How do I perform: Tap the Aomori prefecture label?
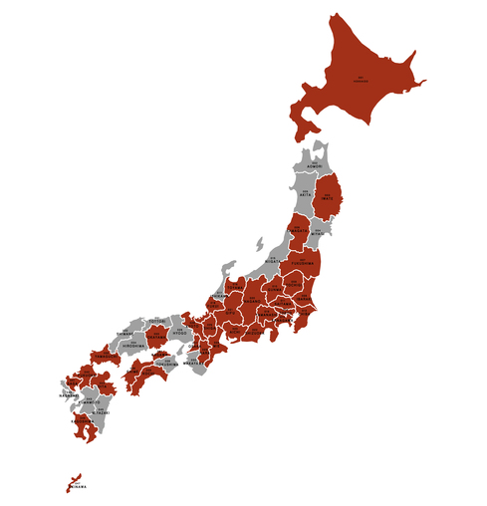[315, 165]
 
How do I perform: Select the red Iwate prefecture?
[327, 198]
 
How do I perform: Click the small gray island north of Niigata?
[258, 244]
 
